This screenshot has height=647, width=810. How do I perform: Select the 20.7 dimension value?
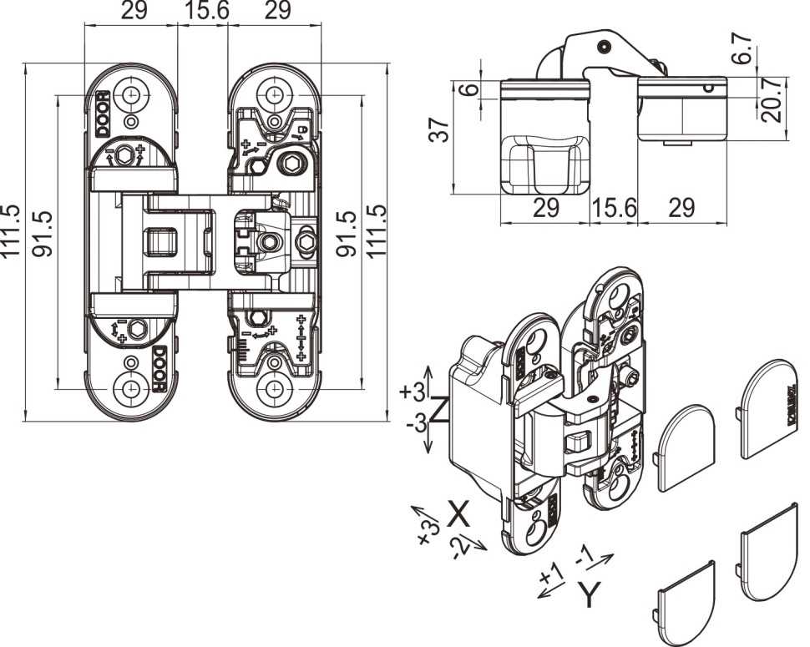[772, 100]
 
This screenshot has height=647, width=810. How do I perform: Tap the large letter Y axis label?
[590, 594]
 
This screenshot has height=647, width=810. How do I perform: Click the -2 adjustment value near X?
[461, 548]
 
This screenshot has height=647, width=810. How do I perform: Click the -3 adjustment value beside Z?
[415, 424]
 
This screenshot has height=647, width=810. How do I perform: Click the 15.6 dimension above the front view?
[202, 11]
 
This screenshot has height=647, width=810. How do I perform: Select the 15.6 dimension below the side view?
[613, 208]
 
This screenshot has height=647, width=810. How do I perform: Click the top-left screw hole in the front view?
[131, 94]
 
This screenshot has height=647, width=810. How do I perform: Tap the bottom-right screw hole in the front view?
[273, 388]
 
